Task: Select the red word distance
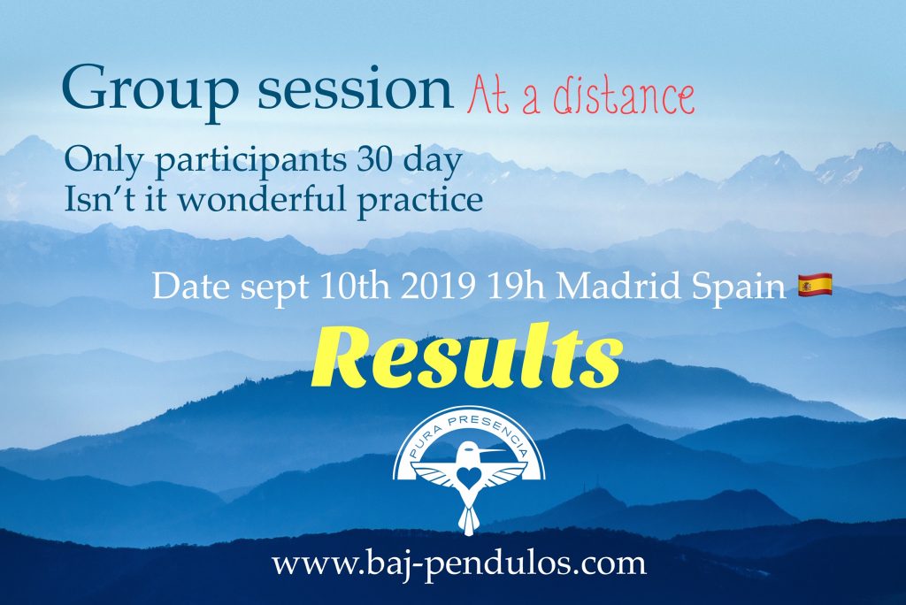[x=624, y=97]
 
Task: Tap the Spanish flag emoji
[x=815, y=285]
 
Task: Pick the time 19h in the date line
[x=516, y=286]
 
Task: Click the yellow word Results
[x=467, y=356]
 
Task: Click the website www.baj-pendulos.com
[x=459, y=563]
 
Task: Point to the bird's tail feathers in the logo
[x=467, y=519]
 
